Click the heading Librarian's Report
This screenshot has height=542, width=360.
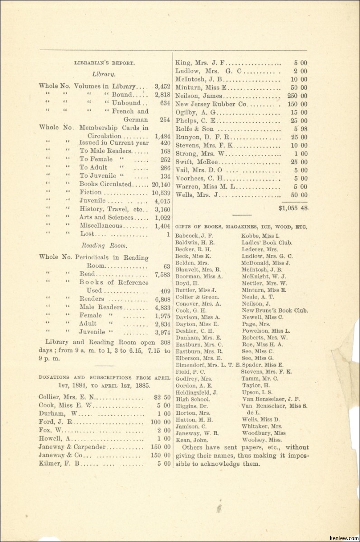[x=105, y=64]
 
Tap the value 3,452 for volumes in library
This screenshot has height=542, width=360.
[x=162, y=86]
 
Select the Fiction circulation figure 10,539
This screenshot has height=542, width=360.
[x=161, y=193]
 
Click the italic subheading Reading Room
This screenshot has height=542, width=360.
[x=104, y=246]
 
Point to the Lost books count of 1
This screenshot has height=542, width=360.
[x=168, y=234]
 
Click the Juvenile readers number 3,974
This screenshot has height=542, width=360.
[x=162, y=332]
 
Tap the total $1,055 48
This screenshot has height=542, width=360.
[x=293, y=208]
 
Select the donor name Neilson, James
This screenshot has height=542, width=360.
[x=198, y=96]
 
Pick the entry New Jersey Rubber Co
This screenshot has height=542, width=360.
[x=210, y=104]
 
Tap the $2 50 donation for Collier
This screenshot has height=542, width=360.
[x=162, y=397]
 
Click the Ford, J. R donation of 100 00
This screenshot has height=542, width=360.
[x=160, y=422]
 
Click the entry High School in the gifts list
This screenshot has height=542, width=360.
[x=192, y=399]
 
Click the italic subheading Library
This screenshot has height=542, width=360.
[x=104, y=74]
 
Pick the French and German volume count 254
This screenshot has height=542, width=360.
[x=164, y=119]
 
